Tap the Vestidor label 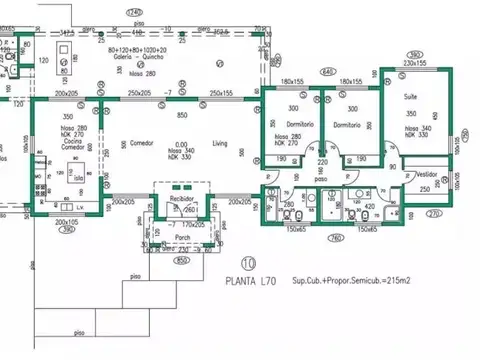click(x=426, y=172)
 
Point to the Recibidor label click(x=181, y=199)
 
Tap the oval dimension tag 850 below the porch click(x=181, y=262)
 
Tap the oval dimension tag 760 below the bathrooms click(x=337, y=238)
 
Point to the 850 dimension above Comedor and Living click(x=181, y=116)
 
